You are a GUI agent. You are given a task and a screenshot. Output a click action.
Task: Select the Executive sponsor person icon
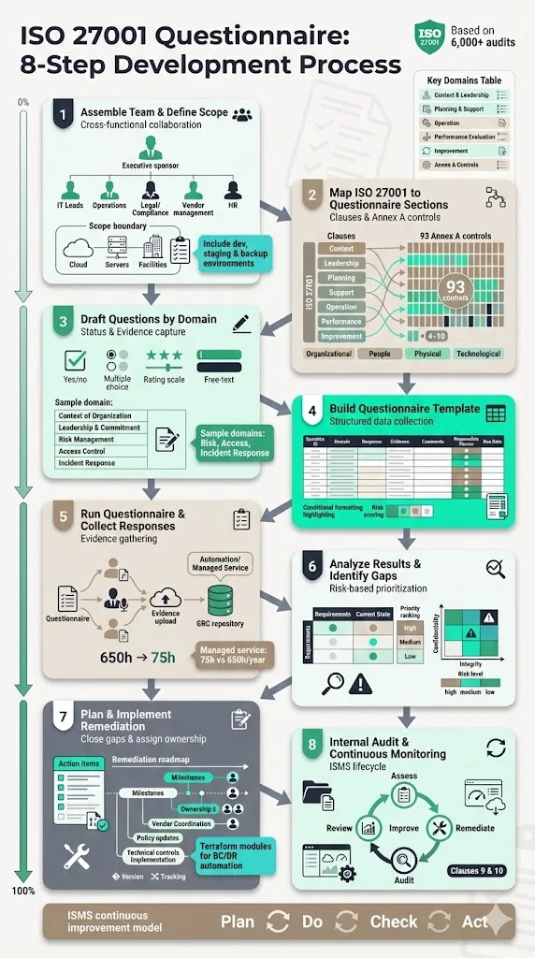[x=150, y=147]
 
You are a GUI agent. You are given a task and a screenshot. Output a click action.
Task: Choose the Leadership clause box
[x=340, y=263]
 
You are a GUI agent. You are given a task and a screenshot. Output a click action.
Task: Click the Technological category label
[x=478, y=354]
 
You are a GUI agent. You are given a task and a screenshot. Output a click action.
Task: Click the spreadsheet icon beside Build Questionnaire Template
[x=497, y=413]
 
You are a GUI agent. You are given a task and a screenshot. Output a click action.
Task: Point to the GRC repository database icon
[x=221, y=597]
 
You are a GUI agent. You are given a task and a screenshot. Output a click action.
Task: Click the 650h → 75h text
[x=137, y=657]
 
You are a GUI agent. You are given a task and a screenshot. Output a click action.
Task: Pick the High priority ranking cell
[x=410, y=629]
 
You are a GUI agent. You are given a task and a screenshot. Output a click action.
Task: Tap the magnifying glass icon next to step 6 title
[x=496, y=567]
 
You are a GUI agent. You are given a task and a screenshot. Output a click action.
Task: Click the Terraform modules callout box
[x=236, y=855]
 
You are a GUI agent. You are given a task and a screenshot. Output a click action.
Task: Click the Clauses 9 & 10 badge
[x=477, y=871]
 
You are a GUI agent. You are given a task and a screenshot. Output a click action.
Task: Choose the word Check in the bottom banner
[x=394, y=922]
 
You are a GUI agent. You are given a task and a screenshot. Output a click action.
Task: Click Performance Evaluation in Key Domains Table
[x=469, y=137]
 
